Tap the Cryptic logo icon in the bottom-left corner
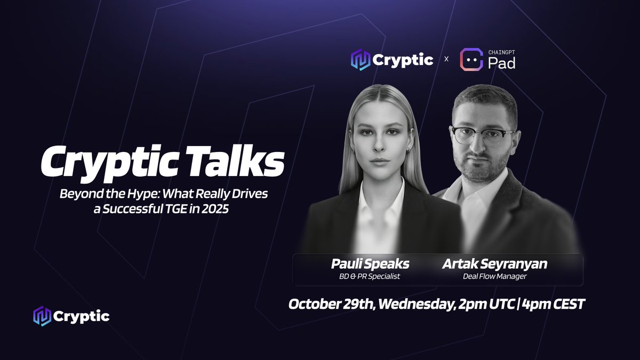(42, 316)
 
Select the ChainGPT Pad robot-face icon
(471, 60)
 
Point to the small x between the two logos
(446, 60)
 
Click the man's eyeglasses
(482, 135)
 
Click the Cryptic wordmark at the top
(403, 60)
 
